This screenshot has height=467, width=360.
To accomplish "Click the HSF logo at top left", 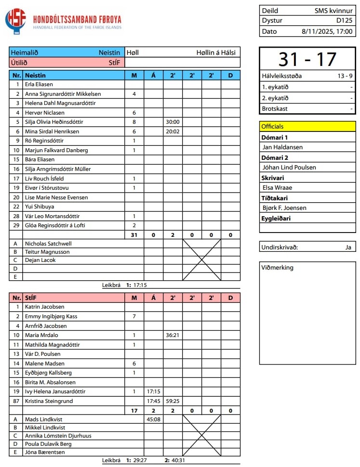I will pyautogui.click(x=15, y=20).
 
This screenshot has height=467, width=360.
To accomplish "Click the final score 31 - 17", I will pyautogui.click(x=307, y=59).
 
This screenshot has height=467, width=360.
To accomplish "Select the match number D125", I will pyautogui.click(x=344, y=21).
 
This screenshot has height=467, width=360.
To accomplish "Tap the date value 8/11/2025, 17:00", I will pyautogui.click(x=327, y=31).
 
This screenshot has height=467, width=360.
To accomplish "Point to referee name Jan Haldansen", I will pyautogui.click(x=282, y=147).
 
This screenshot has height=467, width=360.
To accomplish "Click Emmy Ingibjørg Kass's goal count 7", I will pyautogui.click(x=134, y=316).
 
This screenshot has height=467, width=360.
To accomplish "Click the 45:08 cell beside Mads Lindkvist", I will pyautogui.click(x=153, y=419).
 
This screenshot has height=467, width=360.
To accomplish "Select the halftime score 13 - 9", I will pyautogui.click(x=343, y=76).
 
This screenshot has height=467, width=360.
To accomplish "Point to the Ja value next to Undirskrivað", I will pyautogui.click(x=348, y=247).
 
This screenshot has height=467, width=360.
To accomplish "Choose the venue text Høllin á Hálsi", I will pyautogui.click(x=215, y=52).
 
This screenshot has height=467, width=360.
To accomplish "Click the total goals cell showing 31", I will pyautogui.click(x=134, y=235).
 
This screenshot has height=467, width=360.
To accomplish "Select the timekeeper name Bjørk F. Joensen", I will pyautogui.click(x=284, y=208).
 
